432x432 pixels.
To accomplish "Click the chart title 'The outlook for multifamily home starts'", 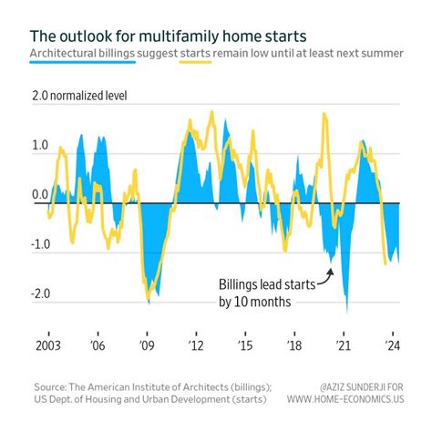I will point(156,36).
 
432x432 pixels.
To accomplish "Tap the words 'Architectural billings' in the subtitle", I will point(89,54).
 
